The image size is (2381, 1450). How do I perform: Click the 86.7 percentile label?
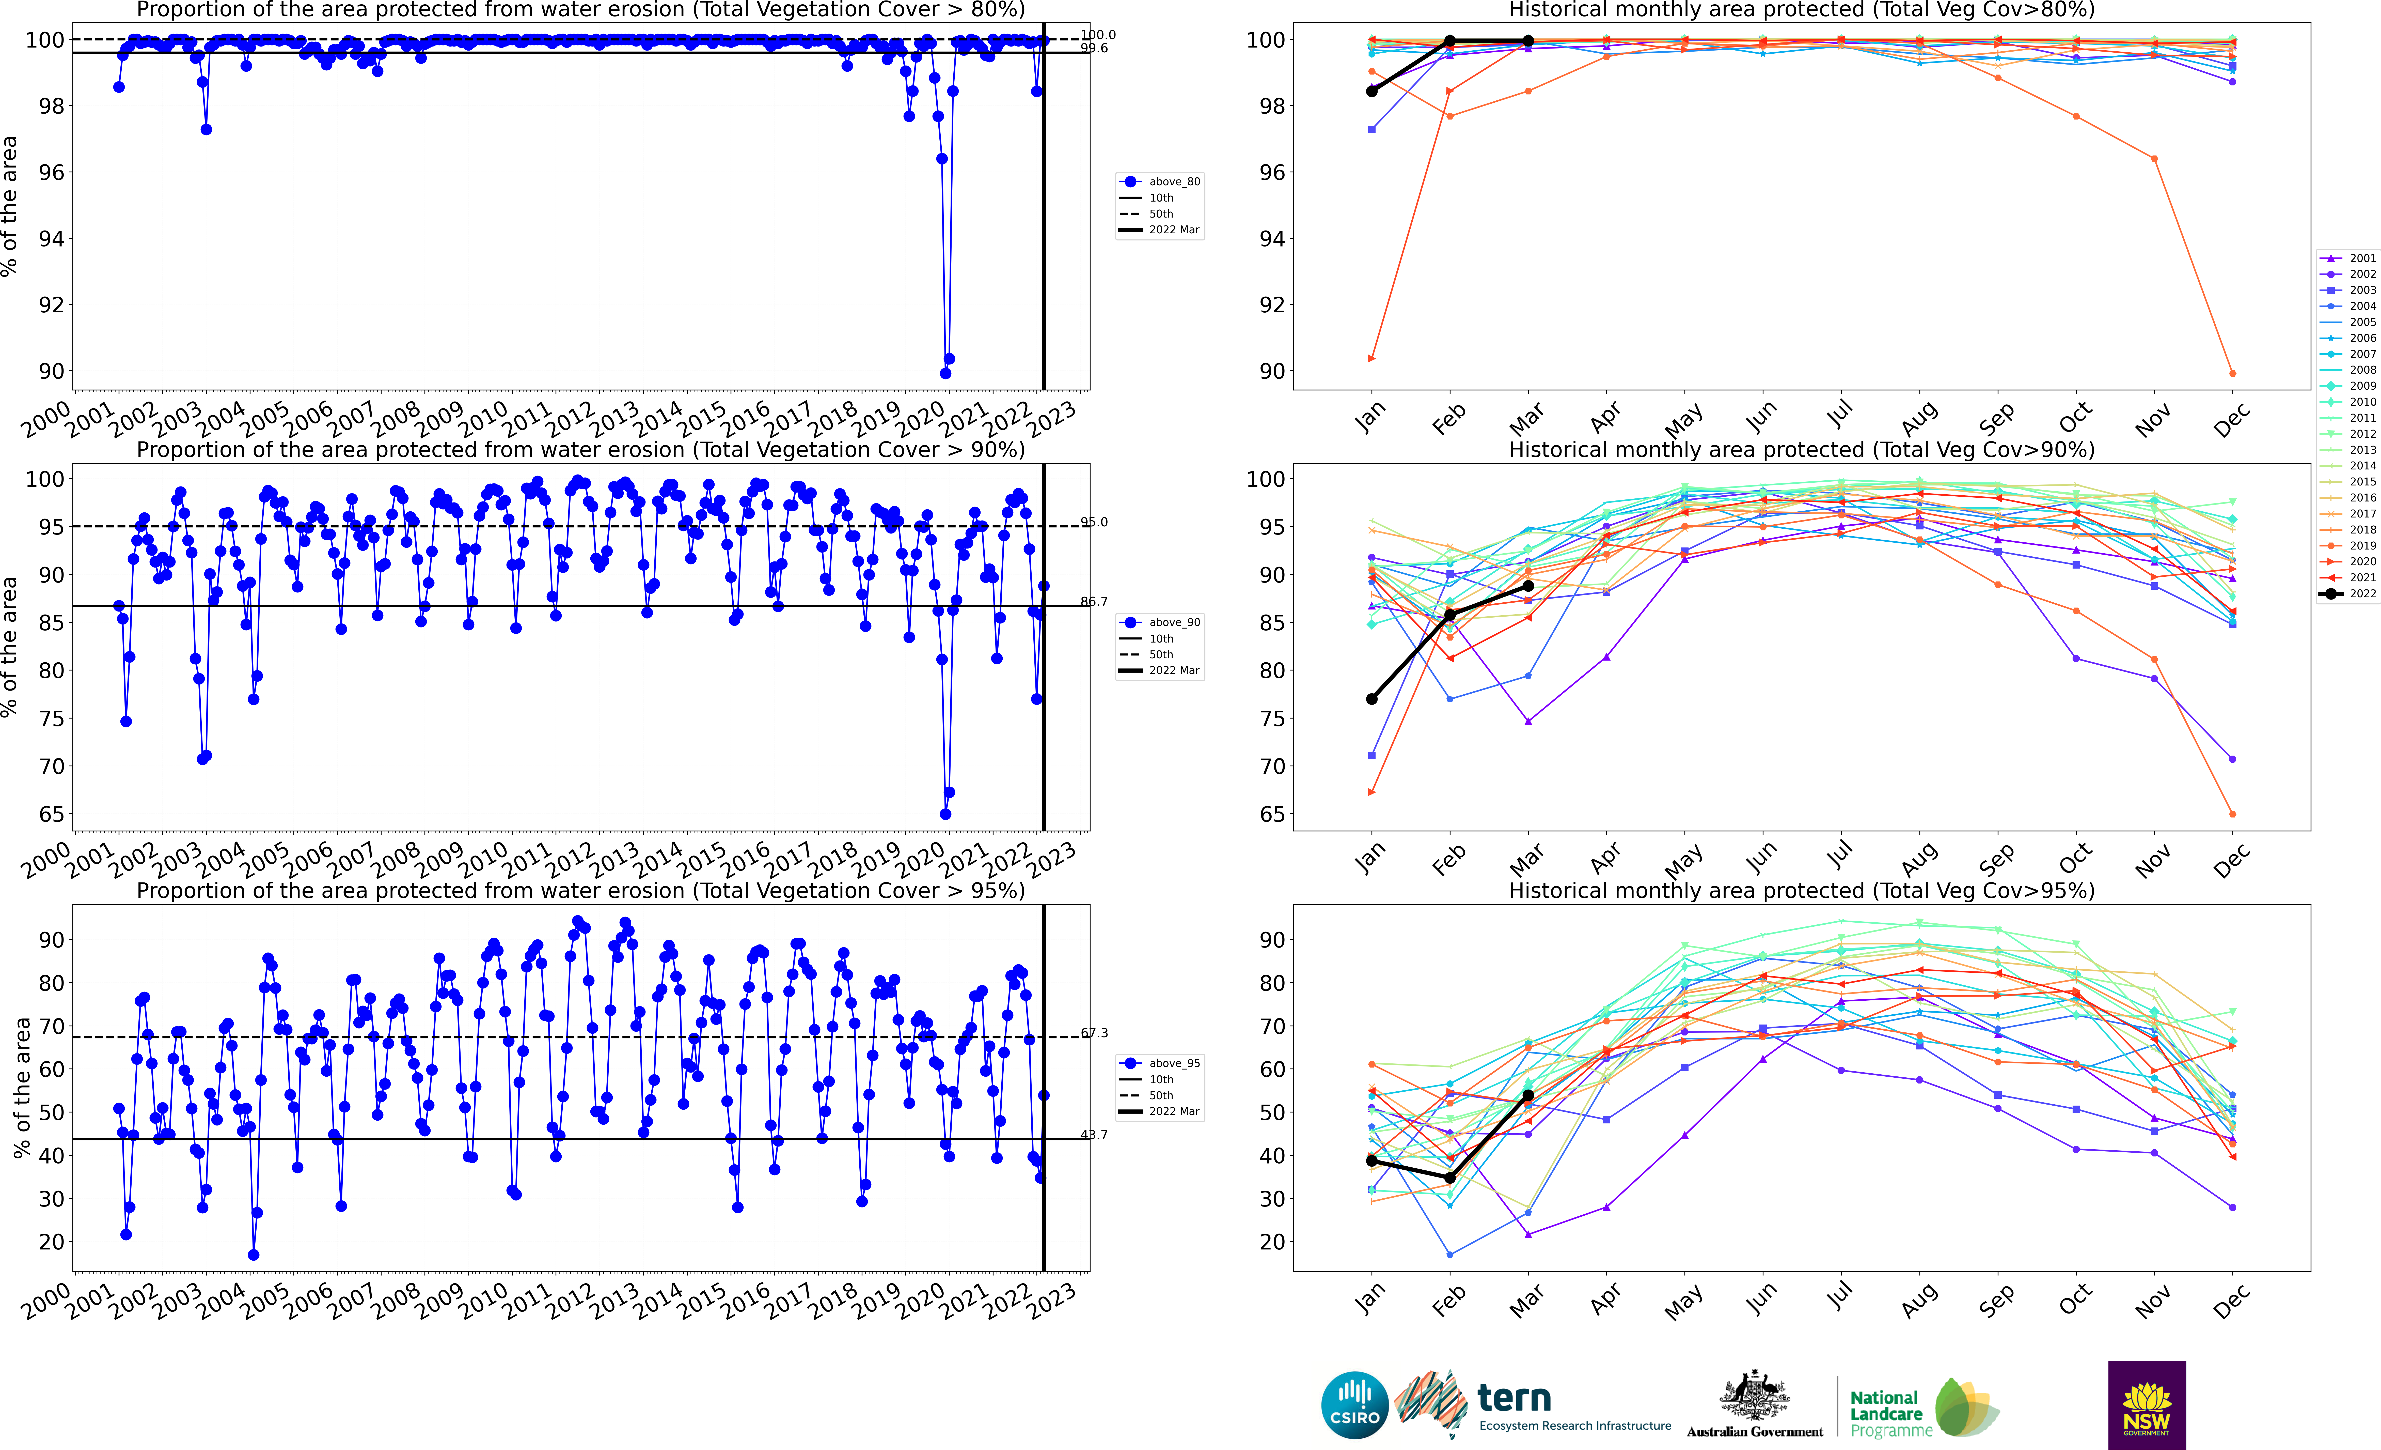pyautogui.click(x=1094, y=601)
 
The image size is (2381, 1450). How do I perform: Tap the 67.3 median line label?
pyautogui.click(x=1094, y=1033)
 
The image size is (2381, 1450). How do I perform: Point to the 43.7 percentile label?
pyautogui.click(x=1094, y=1135)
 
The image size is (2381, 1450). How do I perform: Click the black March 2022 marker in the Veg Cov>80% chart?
pyautogui.click(x=1528, y=41)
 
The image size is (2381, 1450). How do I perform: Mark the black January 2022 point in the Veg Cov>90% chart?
pyautogui.click(x=1371, y=699)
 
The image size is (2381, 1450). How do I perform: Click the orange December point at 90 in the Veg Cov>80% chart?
pyautogui.click(x=2232, y=373)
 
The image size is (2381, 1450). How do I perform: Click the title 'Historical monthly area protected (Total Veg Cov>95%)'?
pyautogui.click(x=1801, y=890)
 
